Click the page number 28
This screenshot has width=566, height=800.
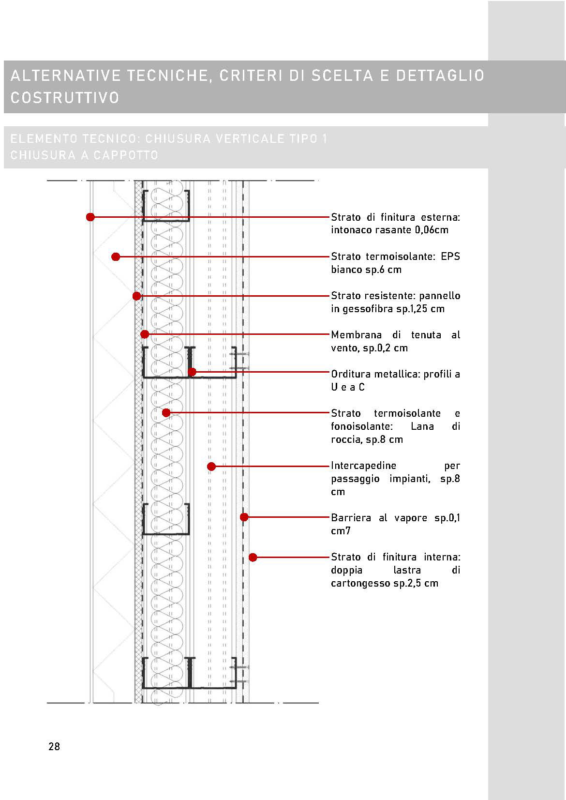[54, 746]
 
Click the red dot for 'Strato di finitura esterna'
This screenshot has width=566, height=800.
[90, 217]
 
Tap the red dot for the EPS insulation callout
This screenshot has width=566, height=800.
[116, 257]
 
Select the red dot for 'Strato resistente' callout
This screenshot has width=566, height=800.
[137, 296]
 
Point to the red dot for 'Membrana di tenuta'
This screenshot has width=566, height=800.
[145, 334]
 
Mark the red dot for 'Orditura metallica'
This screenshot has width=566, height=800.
[192, 372]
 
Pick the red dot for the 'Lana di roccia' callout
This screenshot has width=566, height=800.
[166, 413]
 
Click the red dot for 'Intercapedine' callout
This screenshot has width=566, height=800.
[211, 467]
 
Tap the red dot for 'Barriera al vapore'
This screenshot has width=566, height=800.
[244, 517]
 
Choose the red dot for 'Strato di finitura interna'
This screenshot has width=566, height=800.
[253, 558]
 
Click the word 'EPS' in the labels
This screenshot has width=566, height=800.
[450, 257]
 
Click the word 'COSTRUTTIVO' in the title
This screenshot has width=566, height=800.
[65, 97]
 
